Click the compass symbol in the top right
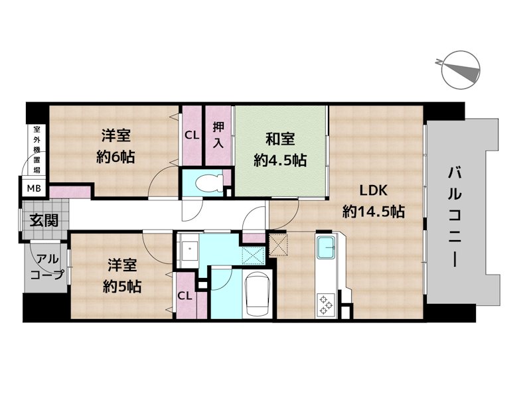(x=462, y=70)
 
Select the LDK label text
(x=374, y=191)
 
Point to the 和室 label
(x=280, y=139)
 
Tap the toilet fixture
(x=205, y=182)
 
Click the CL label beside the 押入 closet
(x=192, y=135)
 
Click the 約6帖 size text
(x=116, y=157)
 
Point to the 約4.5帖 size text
(x=280, y=160)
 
